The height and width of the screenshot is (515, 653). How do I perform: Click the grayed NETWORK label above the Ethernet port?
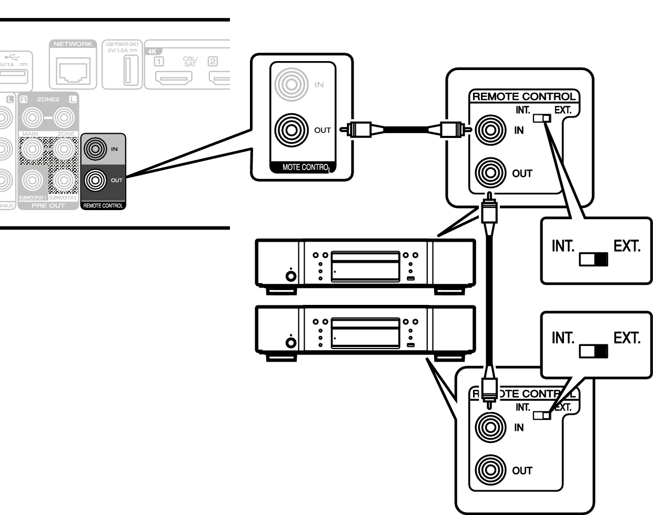73,44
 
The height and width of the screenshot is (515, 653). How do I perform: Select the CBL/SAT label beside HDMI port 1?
190,62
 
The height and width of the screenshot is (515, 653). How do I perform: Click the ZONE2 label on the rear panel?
48,99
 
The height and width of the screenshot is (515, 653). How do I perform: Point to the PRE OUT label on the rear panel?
48,205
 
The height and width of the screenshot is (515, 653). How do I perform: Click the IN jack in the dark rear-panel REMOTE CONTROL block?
95,149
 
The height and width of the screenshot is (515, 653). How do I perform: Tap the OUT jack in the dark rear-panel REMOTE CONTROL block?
95,181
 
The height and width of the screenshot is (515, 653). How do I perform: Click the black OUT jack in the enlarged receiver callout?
291,130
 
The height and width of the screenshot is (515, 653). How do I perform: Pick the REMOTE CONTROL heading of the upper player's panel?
524,97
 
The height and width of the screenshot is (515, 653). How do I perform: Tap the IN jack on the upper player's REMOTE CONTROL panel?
490,130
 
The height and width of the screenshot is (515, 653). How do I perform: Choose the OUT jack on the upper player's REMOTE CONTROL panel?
490,173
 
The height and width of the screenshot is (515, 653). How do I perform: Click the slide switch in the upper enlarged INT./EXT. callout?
594,259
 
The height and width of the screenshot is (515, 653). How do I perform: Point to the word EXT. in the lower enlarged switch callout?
627,338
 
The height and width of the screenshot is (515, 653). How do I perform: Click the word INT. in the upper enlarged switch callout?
562,246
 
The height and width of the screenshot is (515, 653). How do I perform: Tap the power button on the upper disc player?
290,275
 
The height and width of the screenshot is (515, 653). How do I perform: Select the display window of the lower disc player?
365,333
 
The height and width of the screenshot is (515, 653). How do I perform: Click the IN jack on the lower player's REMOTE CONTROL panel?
490,427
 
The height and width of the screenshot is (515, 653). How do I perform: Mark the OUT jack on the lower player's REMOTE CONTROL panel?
490,470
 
